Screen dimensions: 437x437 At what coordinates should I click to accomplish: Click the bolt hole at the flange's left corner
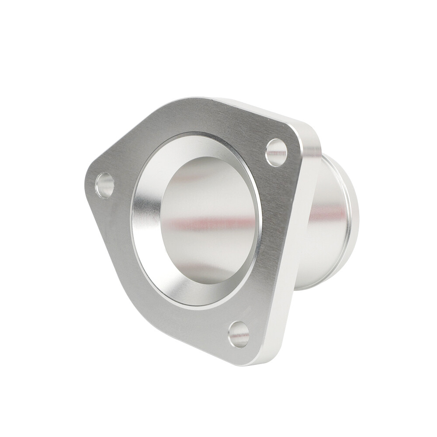click(105, 185)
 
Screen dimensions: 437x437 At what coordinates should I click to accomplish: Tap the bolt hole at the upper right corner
click(276, 152)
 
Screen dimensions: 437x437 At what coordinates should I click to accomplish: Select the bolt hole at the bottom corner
click(239, 334)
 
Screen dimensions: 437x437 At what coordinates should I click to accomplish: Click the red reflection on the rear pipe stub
click(328, 214)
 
